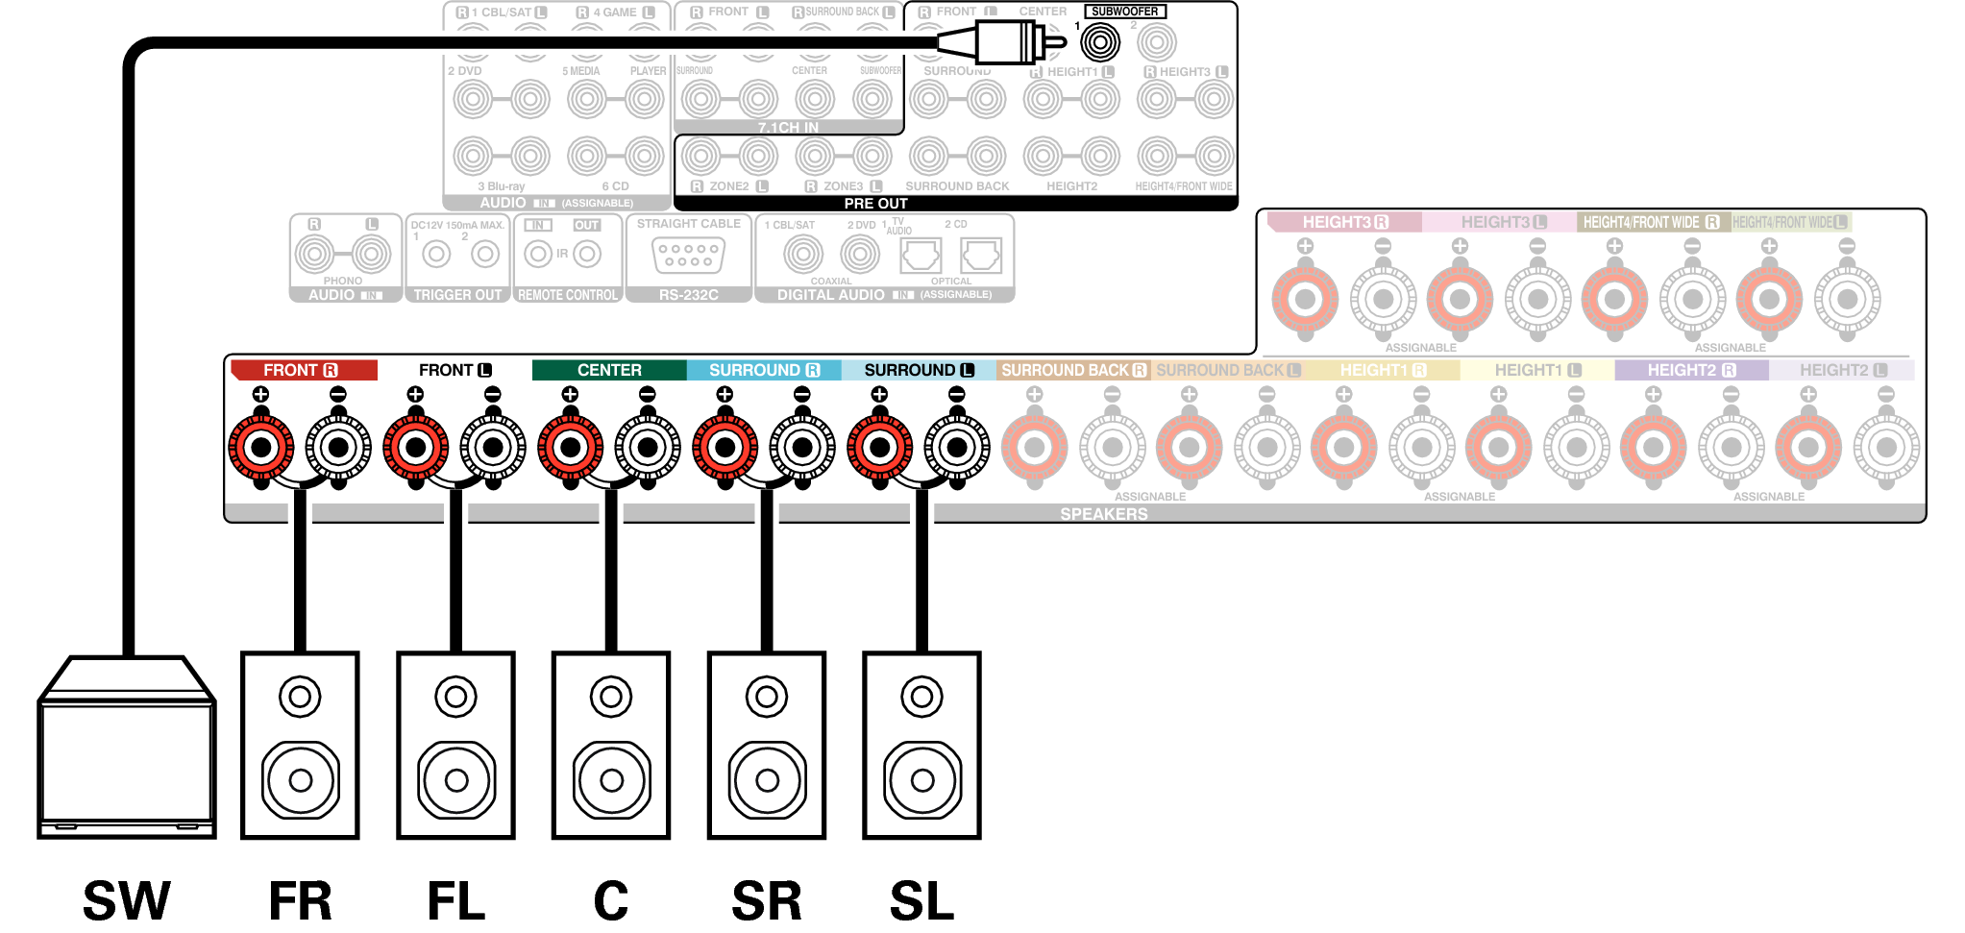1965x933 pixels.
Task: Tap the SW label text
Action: tap(126, 900)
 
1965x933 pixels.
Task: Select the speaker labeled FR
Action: tap(300, 745)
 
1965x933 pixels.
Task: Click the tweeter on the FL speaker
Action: tap(455, 697)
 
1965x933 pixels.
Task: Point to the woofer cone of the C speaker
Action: tap(611, 779)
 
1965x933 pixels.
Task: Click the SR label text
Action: tap(766, 900)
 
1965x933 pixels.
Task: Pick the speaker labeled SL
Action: tap(921, 745)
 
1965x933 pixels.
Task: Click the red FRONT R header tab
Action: tap(303, 370)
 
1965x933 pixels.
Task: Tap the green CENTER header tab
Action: tap(609, 370)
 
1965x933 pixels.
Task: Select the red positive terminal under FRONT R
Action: tap(260, 448)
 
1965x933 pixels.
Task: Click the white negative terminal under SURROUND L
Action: tap(957, 448)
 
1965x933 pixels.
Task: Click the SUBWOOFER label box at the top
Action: tap(1124, 12)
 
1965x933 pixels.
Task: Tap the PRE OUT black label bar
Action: tap(875, 204)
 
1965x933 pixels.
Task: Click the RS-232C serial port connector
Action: tap(688, 256)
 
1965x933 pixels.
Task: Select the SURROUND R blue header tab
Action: tap(764, 370)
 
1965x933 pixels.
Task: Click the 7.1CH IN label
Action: tap(788, 127)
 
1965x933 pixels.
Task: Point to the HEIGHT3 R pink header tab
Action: tap(1344, 222)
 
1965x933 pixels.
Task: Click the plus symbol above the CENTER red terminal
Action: tap(570, 394)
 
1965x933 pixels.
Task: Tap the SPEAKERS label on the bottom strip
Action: tap(1103, 514)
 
